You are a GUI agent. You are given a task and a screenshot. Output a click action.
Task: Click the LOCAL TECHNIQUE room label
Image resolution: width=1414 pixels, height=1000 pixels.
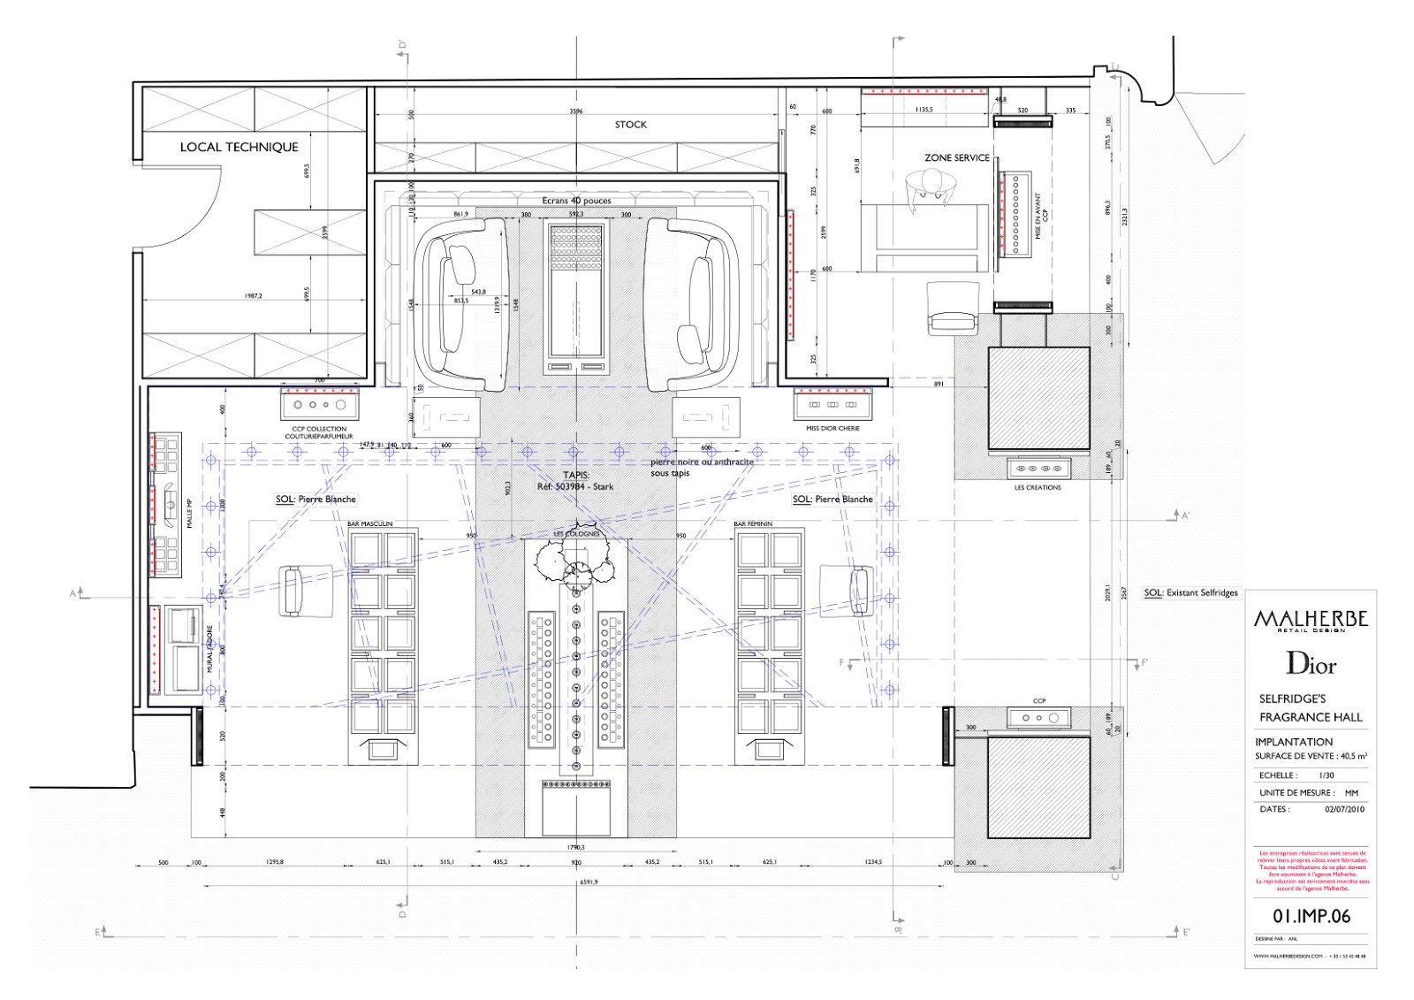pos(239,148)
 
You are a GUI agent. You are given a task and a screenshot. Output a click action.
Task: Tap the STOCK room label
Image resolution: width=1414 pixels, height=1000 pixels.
pos(630,125)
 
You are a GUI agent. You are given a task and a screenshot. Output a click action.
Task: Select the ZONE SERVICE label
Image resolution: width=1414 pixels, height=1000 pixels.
pos(957,157)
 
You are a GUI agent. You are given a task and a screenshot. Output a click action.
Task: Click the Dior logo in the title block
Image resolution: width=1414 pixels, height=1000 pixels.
pos(1311,664)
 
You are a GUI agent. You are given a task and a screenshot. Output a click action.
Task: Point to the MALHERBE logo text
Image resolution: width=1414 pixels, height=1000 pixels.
pos(1311,620)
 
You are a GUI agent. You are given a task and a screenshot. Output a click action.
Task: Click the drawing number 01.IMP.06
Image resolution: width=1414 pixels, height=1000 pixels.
pos(1311,917)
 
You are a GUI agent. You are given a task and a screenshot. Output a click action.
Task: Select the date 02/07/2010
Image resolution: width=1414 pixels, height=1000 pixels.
pos(1344,809)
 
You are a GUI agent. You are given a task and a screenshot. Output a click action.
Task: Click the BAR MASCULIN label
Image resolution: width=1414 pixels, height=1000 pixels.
pos(370,524)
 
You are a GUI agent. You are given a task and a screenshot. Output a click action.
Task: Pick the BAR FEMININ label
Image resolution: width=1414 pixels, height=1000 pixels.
pos(753,524)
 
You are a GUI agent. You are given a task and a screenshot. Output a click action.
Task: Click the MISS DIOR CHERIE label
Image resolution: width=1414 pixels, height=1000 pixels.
pos(832,429)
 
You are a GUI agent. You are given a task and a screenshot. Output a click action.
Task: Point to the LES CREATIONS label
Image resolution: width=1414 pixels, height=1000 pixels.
pos(1038,488)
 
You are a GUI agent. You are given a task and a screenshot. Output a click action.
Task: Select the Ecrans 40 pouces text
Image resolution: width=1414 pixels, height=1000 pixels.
pos(576,201)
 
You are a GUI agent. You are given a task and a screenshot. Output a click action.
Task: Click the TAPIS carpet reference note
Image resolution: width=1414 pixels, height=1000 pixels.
pos(575,481)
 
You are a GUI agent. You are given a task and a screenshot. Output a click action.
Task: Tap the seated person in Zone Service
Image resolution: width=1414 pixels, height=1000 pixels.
pos(931,187)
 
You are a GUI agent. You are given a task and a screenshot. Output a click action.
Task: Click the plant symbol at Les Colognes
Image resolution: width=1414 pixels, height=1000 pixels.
pos(577,562)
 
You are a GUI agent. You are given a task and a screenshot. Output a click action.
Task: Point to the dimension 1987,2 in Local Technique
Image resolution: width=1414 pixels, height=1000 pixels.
pos(254,296)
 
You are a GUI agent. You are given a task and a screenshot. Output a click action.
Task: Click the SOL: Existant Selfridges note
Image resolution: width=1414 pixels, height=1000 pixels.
pos(1192,593)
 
